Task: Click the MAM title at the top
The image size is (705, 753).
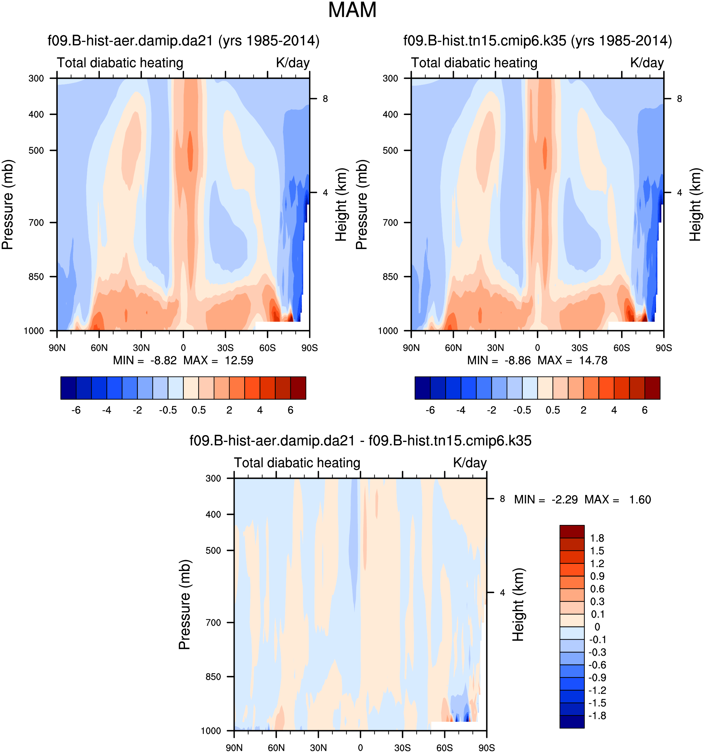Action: pos(352,10)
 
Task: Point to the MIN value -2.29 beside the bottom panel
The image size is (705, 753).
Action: pos(564,500)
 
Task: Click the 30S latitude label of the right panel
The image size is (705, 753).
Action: pos(579,348)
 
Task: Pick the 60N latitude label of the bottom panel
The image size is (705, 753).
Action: pos(276,748)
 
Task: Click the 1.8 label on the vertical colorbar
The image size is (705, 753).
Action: pos(597,538)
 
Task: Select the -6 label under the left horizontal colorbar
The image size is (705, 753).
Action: pos(76,410)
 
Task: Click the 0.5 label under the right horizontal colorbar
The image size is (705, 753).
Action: pos(553,410)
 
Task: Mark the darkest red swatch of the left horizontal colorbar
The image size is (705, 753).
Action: pos(298,388)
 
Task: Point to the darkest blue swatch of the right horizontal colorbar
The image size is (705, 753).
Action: pos(422,388)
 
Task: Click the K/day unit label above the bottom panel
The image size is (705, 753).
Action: pos(469,463)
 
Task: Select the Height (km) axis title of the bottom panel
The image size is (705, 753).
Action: pos(518,605)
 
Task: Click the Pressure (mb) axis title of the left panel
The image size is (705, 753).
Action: pos(7,204)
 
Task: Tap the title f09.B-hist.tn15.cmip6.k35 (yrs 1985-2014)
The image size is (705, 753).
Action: pos(537,41)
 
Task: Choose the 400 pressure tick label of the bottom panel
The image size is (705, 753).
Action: pos(213,514)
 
